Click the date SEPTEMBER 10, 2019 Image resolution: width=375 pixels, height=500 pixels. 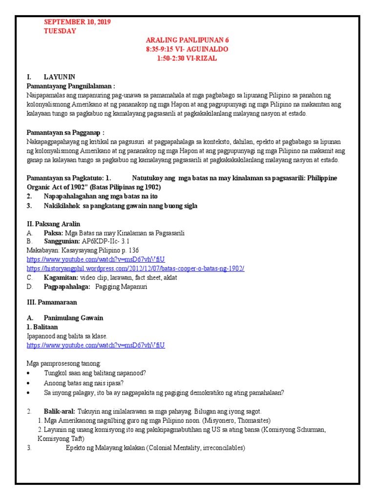[x=77, y=22]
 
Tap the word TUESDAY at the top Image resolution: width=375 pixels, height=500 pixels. [x=60, y=31]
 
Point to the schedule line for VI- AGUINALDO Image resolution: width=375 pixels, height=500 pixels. [x=187, y=49]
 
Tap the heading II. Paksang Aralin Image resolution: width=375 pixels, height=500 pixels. [x=53, y=224]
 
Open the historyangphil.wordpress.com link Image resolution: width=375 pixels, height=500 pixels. [x=135, y=269]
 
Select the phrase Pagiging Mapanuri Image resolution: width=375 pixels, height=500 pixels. [x=121, y=287]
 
